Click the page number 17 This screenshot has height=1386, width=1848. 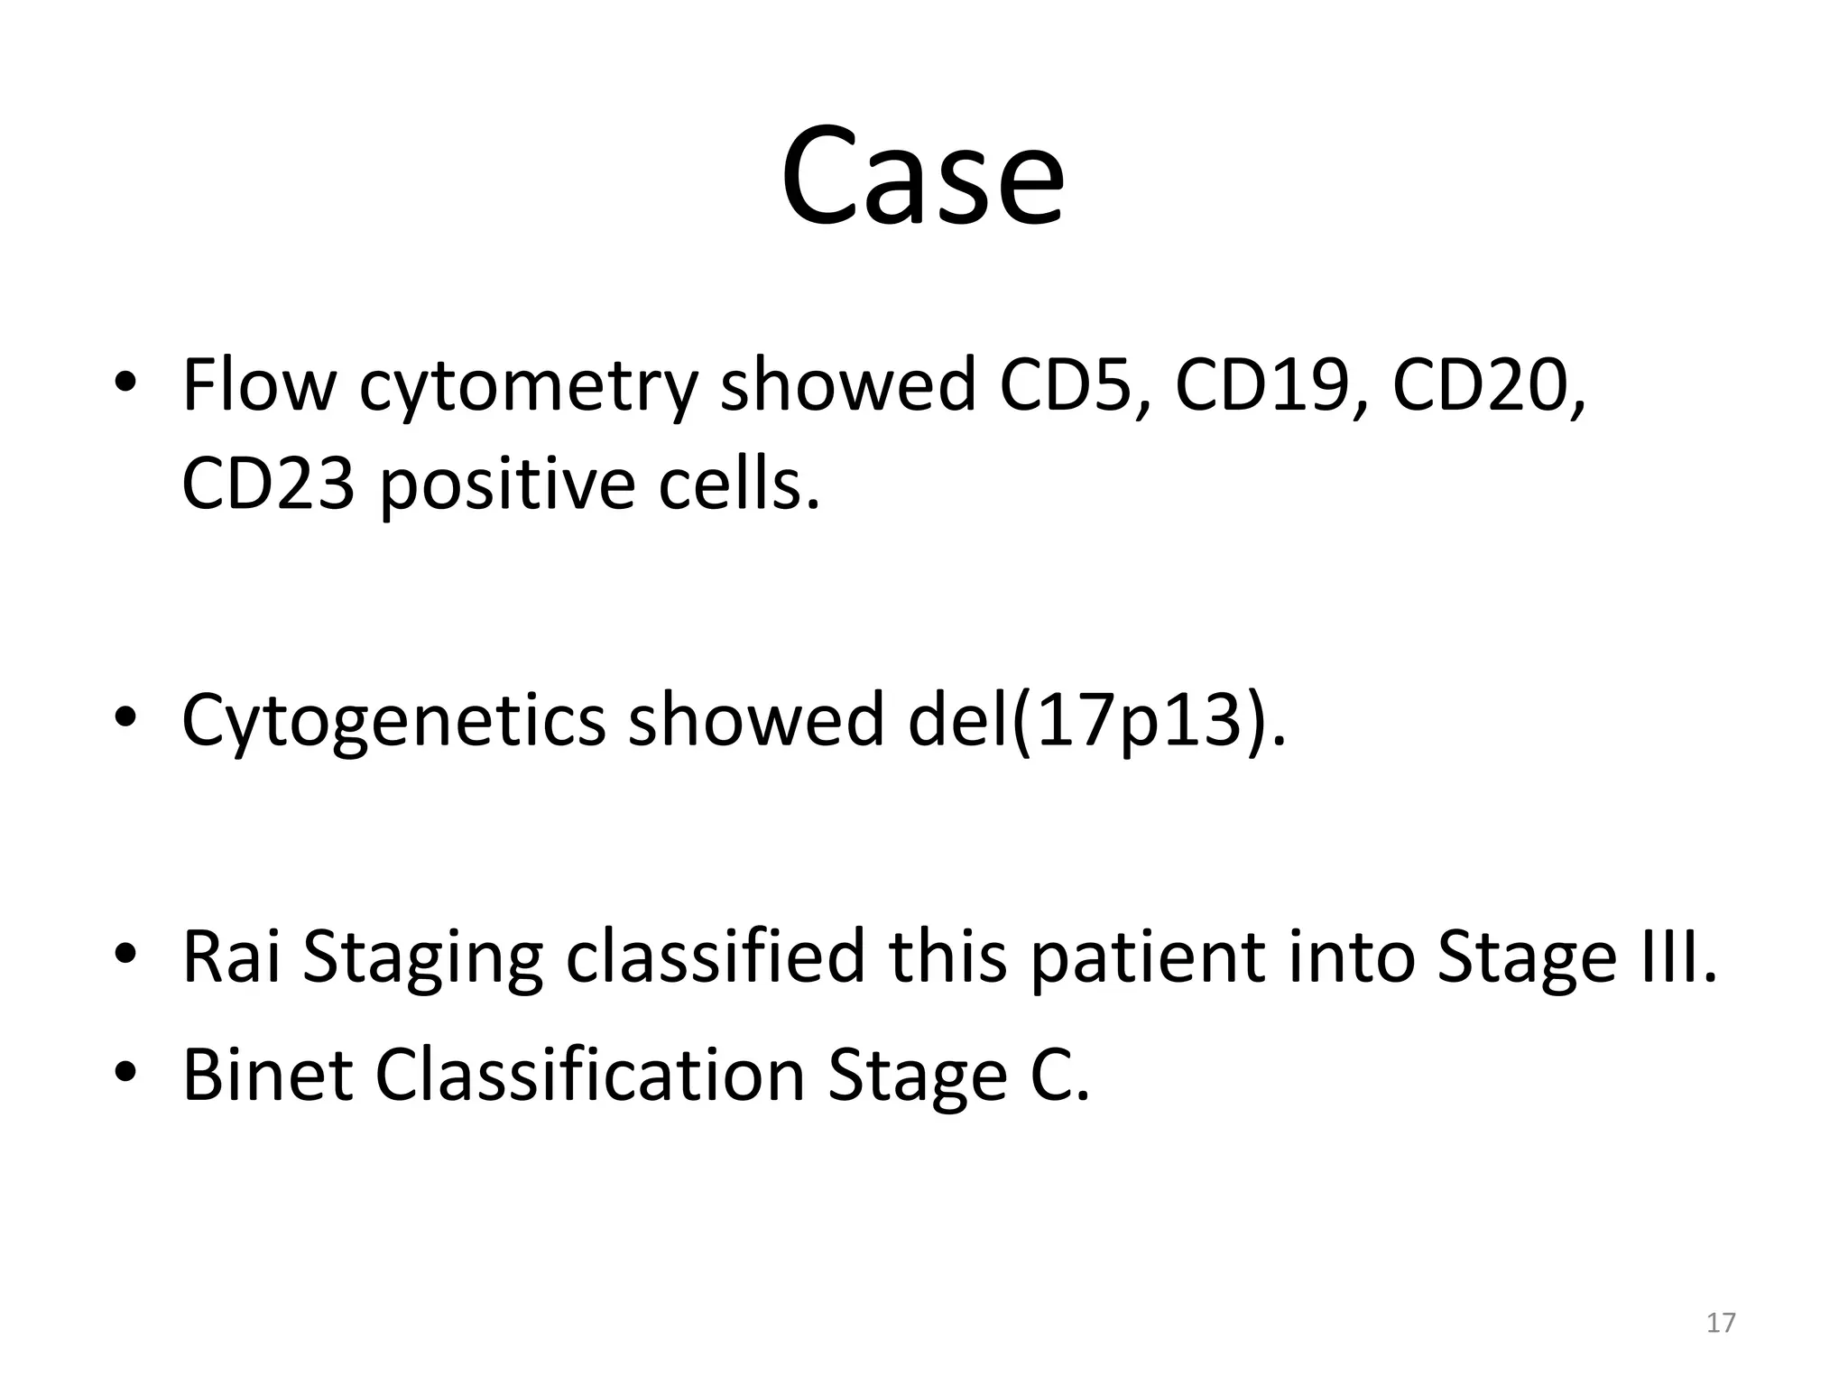1721,1323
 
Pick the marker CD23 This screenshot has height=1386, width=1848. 268,484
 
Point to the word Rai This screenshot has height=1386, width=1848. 231,956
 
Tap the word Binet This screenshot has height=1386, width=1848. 267,1075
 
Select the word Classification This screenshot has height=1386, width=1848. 589,1075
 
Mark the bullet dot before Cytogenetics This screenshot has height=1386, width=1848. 125,718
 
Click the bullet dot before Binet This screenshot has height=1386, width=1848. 125,1073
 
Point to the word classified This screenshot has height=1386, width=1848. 716,956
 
